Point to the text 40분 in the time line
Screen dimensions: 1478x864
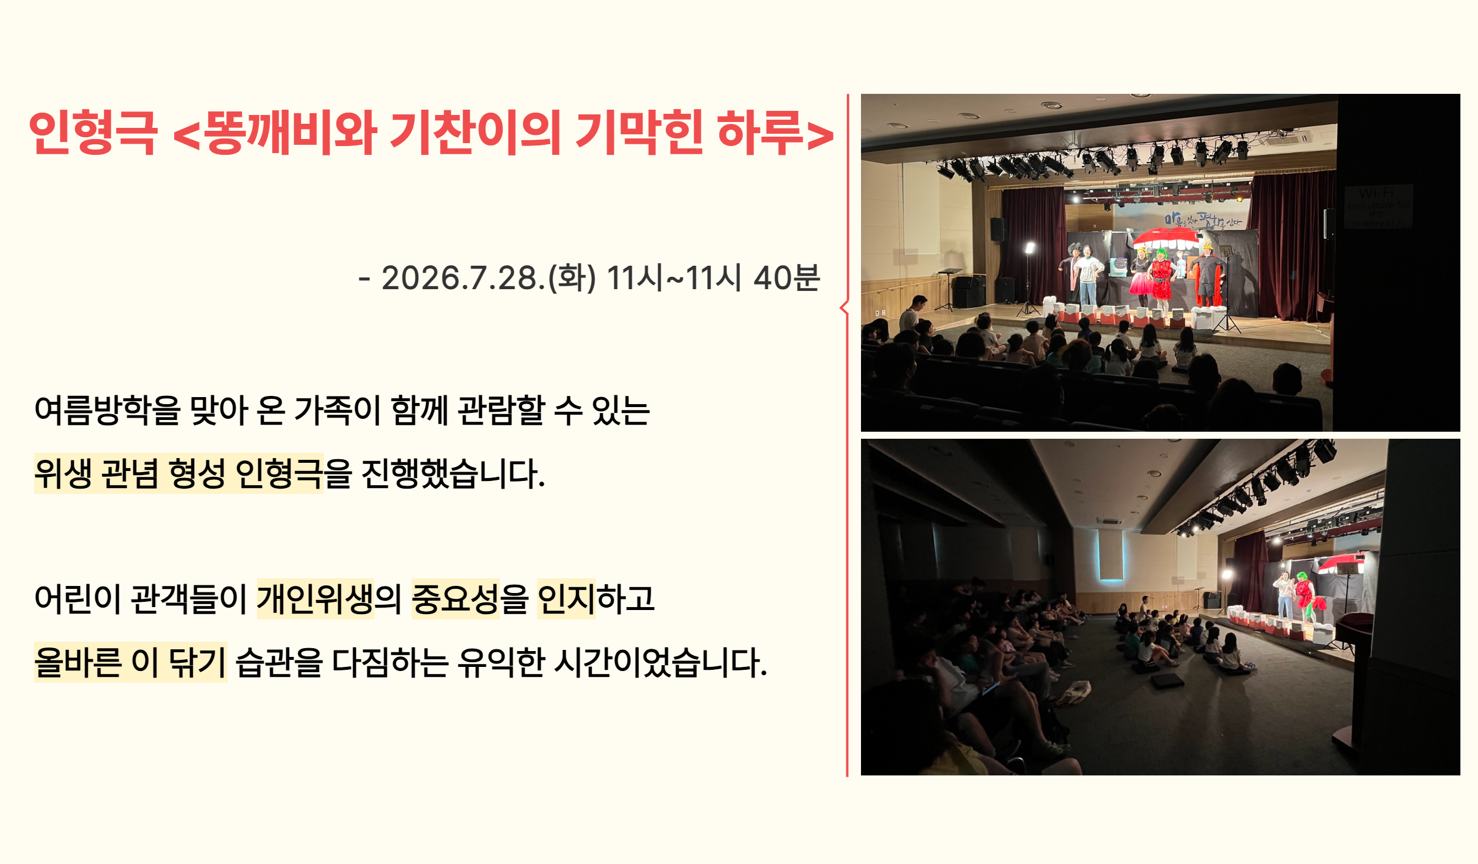point(787,277)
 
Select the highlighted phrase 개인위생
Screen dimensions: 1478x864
point(316,599)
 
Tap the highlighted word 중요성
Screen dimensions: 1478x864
point(455,599)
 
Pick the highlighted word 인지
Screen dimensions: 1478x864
point(566,599)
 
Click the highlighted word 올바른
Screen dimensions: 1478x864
point(78,662)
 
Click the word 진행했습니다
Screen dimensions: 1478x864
point(453,473)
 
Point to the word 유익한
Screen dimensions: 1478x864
point(501,662)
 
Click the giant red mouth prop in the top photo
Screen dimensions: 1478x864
point(1165,238)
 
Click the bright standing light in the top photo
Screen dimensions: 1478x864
point(1029,249)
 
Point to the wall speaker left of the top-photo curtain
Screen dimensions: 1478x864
point(997,229)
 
